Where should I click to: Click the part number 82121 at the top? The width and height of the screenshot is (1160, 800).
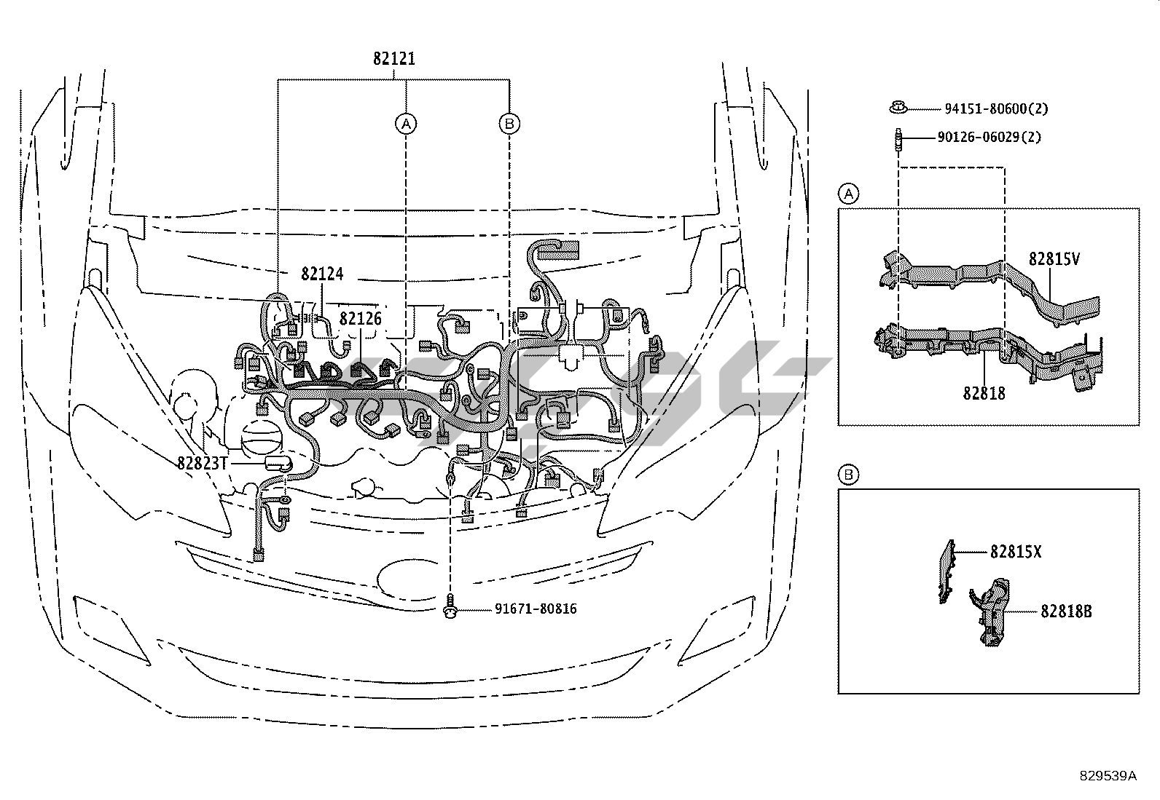(394, 58)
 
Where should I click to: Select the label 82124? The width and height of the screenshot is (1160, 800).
(322, 273)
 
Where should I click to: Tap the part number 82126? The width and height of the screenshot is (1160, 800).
(361, 318)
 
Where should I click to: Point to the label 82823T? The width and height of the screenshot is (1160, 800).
(203, 463)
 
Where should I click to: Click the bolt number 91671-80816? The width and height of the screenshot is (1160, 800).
(536, 609)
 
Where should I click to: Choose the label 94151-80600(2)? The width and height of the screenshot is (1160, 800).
(996, 108)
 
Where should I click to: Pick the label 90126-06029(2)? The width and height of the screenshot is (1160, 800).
(989, 137)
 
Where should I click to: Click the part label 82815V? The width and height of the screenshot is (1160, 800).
(1054, 258)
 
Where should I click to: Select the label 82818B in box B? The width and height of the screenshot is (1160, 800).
(1066, 611)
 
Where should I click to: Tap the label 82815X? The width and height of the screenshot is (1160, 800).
(1016, 552)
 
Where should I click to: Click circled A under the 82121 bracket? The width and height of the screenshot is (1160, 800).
(406, 124)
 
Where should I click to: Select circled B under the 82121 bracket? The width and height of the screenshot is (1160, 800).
(509, 124)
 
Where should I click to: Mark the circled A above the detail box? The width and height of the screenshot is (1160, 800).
(848, 194)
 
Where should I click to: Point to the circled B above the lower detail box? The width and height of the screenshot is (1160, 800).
(848, 475)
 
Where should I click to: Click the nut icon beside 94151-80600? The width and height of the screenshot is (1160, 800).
(898, 108)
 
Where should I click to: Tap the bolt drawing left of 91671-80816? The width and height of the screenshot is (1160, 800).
(450, 606)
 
